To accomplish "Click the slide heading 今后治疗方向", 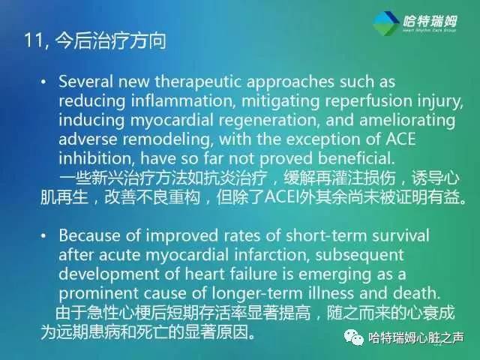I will [108, 40].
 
